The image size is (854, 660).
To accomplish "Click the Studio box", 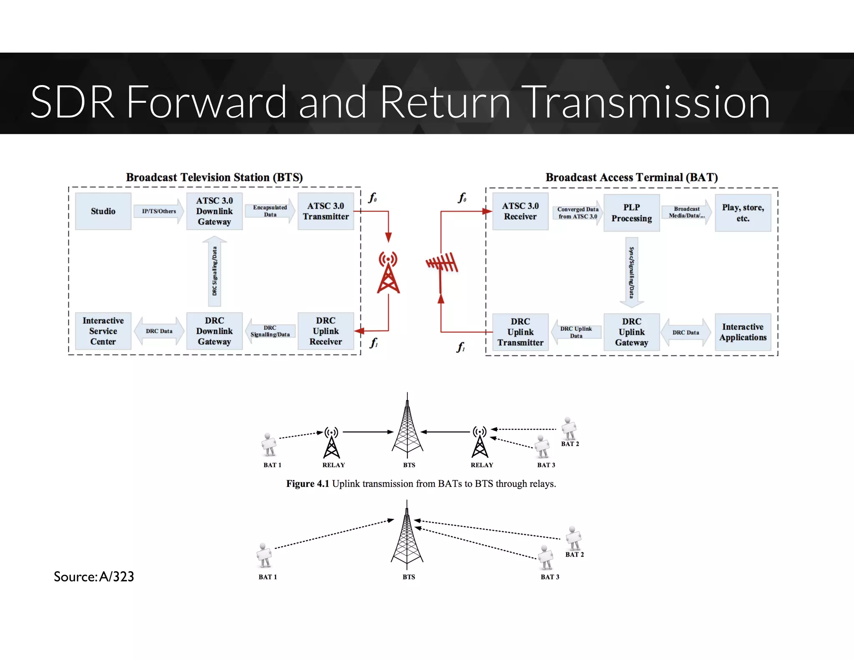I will pos(103,211).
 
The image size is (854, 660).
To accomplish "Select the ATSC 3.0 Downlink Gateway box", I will pos(214,211).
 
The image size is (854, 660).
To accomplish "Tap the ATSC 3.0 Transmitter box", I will pos(326,211).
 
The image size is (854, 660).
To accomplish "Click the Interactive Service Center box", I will pos(103,331).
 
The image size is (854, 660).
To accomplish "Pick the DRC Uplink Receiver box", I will pos(326,331).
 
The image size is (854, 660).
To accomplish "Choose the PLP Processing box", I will pos(631,213).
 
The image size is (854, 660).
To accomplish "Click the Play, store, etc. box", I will pos(743,213).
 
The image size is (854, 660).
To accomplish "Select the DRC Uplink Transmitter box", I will pos(520,332).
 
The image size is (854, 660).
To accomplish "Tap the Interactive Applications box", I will pos(743,332).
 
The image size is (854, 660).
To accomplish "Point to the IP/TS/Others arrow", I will pos(159,211).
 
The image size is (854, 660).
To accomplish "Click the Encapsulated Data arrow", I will pos(270,211).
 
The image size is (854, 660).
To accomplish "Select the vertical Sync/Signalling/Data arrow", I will pos(631,272).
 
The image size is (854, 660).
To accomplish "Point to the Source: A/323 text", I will pos(94,577).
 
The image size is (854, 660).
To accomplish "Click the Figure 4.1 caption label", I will pos(307,484).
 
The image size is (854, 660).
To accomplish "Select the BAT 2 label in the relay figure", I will pos(570,444).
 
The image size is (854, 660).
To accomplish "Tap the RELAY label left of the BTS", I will pos(334,465).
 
